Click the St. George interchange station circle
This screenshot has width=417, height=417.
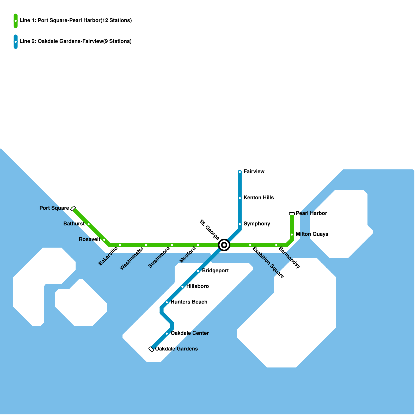[224, 245]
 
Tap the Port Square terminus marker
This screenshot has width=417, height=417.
[73, 208]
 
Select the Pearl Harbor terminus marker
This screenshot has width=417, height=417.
[292, 214]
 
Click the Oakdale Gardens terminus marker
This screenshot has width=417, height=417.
[151, 349]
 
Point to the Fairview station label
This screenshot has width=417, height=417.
[254, 171]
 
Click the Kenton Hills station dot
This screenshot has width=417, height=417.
[240, 198]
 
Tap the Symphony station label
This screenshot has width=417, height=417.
[257, 224]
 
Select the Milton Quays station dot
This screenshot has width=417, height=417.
[292, 235]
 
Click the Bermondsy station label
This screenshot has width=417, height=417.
[289, 257]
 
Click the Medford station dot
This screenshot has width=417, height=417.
[198, 245]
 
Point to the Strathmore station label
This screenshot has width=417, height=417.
[159, 257]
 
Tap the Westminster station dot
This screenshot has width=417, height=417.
[146, 245]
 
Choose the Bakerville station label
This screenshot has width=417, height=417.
[108, 256]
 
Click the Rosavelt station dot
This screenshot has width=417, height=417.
[104, 240]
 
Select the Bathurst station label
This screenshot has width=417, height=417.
[74, 224]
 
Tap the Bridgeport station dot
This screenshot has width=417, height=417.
[198, 271]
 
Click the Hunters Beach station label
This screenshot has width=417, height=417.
[189, 302]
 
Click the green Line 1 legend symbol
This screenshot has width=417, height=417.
[16, 21]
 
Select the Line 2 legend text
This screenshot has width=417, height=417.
[76, 41]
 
